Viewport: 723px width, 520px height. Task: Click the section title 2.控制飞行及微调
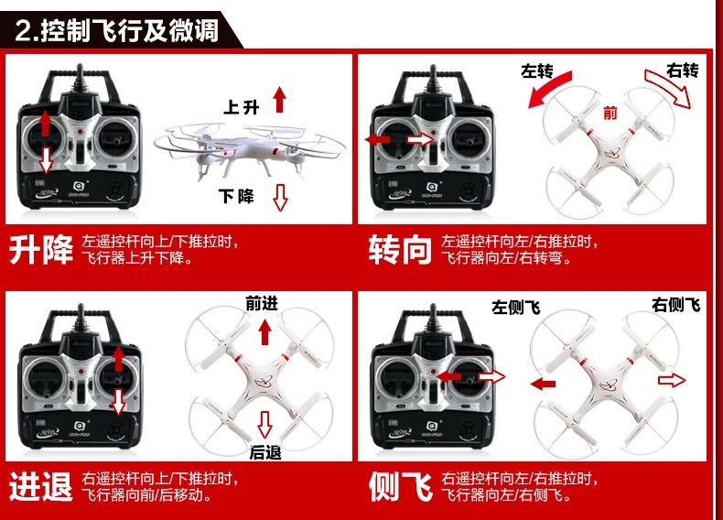click(x=117, y=30)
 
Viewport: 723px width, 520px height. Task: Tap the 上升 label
click(x=243, y=107)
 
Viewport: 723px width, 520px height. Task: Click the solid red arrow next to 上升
click(x=280, y=99)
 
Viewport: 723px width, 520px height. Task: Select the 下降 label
click(x=236, y=196)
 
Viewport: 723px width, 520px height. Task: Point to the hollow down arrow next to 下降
click(x=280, y=196)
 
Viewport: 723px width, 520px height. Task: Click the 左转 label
click(x=537, y=70)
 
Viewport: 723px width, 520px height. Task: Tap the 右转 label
click(x=683, y=70)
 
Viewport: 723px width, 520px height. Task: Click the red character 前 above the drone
click(x=610, y=113)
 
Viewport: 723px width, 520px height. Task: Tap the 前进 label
click(x=261, y=304)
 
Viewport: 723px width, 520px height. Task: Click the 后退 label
click(x=264, y=451)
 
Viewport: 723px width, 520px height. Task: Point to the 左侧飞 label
click(x=515, y=308)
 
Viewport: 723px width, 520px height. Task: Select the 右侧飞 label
click(x=675, y=304)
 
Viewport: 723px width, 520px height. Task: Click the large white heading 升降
click(x=41, y=250)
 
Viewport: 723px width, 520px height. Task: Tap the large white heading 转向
click(x=400, y=250)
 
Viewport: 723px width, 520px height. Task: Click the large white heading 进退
click(x=41, y=486)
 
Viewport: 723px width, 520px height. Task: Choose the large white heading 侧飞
click(x=400, y=486)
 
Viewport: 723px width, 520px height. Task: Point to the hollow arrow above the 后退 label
click(x=265, y=424)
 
